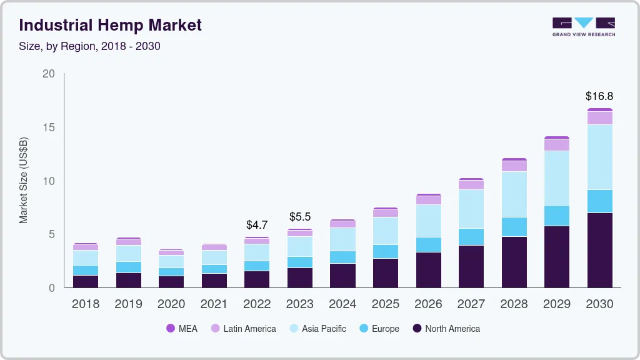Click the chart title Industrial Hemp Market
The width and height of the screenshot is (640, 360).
click(111, 26)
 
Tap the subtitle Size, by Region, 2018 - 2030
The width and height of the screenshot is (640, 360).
click(90, 46)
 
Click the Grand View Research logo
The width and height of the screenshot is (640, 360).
click(583, 26)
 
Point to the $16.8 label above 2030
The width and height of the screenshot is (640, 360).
click(599, 96)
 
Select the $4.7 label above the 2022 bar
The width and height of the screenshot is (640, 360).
click(257, 224)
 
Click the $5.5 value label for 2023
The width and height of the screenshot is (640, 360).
click(299, 217)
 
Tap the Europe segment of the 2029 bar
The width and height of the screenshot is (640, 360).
click(556, 216)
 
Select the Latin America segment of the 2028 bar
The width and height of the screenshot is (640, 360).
click(513, 166)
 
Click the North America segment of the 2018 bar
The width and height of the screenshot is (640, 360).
click(86, 281)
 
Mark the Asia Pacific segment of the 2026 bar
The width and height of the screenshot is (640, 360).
click(428, 221)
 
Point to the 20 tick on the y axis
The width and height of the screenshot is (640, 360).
click(49, 74)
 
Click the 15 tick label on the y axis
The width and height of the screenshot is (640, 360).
click(49, 127)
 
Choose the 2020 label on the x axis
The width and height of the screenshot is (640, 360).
click(171, 304)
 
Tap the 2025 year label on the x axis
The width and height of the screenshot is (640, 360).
click(385, 304)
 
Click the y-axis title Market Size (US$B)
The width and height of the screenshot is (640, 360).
click(24, 180)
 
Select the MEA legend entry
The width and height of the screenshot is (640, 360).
click(182, 329)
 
